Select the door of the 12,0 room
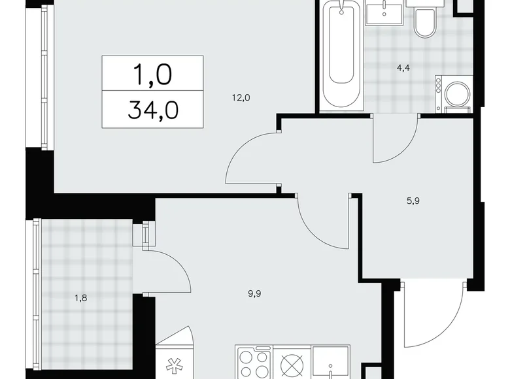(252, 157)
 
